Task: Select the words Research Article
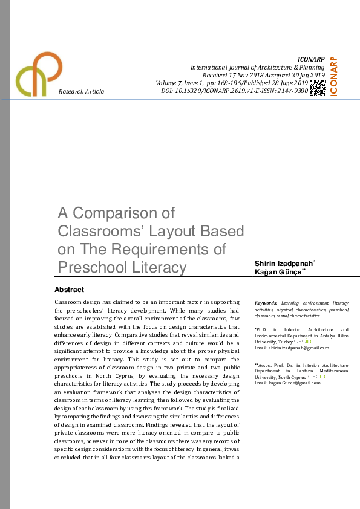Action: [x=81, y=91]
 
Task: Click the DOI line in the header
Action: [x=235, y=91]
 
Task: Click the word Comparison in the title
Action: [x=125, y=213]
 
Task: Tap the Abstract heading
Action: [x=69, y=290]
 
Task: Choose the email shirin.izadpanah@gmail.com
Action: [x=294, y=348]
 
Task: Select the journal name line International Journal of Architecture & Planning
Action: [x=258, y=67]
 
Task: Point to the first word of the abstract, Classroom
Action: [x=67, y=302]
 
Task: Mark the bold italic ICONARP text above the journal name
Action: [x=312, y=59]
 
